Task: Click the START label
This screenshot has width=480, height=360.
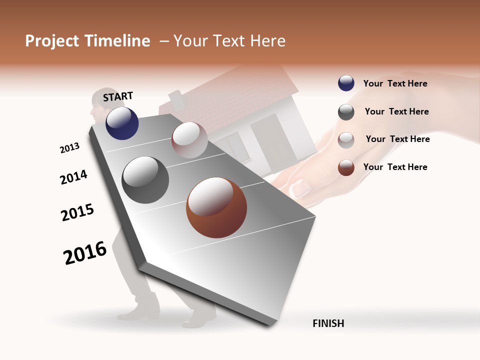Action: pos(118,96)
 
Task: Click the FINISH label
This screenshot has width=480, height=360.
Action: pos(328,323)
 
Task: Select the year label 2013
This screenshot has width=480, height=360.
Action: pos(69,147)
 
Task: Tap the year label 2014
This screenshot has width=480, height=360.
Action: pos(73,177)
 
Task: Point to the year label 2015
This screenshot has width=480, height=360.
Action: pos(77,212)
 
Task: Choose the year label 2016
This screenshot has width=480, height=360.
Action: pos(85,252)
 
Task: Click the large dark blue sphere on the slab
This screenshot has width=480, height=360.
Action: pos(122,123)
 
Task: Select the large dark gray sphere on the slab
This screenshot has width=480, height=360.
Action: pos(145,180)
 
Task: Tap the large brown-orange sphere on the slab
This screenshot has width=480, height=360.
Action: pos(216,207)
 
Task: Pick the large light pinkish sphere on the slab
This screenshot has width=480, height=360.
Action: pos(189,140)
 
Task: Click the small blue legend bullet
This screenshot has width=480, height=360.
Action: pos(346,83)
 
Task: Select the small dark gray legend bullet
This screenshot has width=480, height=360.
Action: pos(346,112)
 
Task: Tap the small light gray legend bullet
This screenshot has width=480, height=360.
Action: pos(346,139)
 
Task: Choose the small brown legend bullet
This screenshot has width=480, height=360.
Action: pos(346,167)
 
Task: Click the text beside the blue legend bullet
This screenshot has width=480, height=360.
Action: pos(395,83)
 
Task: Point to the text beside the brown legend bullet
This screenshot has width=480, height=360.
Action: pos(395,167)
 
